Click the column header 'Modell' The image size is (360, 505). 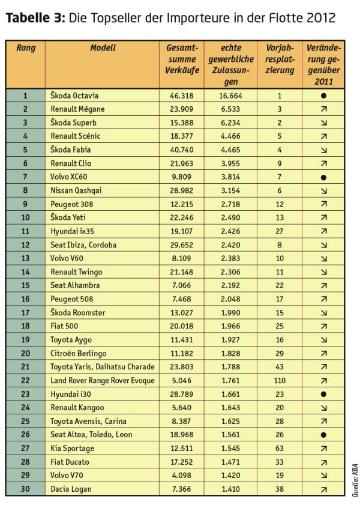(x=103, y=47)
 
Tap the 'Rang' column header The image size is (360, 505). (x=25, y=47)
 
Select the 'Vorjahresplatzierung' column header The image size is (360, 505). (x=279, y=59)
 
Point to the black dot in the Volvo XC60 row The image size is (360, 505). (x=323, y=177)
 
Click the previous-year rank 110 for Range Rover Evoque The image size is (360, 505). (x=279, y=380)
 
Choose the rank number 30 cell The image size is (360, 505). (x=25, y=489)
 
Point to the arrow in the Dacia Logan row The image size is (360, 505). (x=323, y=489)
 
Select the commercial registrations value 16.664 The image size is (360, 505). (x=231, y=95)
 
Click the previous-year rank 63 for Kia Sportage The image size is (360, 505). (x=279, y=448)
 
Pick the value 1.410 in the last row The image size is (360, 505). (x=231, y=489)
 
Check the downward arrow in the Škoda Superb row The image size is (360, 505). (x=323, y=122)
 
